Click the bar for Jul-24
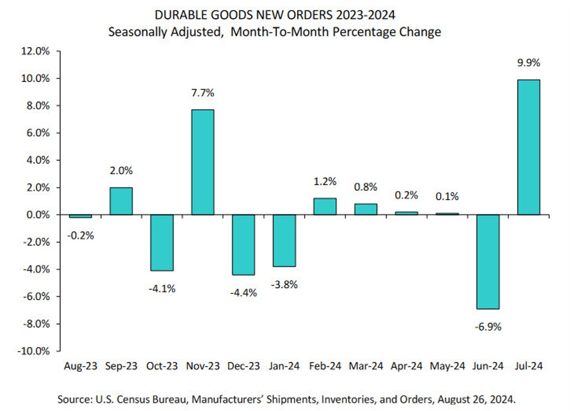[x=528, y=147]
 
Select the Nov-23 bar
[x=202, y=162]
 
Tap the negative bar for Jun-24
[x=488, y=261]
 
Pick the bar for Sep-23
[x=120, y=201]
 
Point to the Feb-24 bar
[x=324, y=207]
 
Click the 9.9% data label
[x=528, y=63]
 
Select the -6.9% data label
[x=488, y=326]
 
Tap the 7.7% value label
[x=202, y=93]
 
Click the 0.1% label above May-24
[x=447, y=196]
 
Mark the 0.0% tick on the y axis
[x=36, y=215]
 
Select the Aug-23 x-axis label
[x=80, y=367]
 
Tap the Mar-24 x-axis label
[x=365, y=367]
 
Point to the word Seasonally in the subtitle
[x=136, y=32]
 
